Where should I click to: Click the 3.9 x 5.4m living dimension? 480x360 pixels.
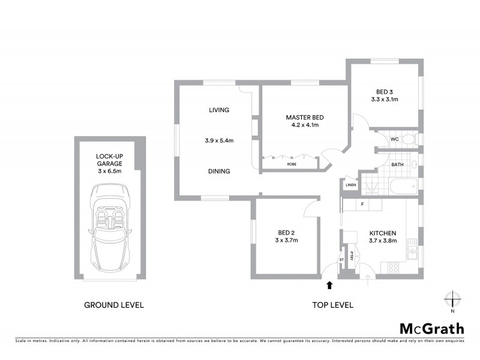[219, 141]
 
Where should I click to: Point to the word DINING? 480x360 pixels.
[219, 171]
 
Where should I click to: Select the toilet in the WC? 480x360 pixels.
[408, 140]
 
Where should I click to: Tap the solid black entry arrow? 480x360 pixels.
[329, 284]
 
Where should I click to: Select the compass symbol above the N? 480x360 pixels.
[452, 298]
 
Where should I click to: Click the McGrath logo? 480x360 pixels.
[432, 328]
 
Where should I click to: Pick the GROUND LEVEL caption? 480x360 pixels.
[113, 305]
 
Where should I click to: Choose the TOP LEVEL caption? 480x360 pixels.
[332, 305]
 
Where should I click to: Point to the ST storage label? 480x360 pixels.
[342, 259]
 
